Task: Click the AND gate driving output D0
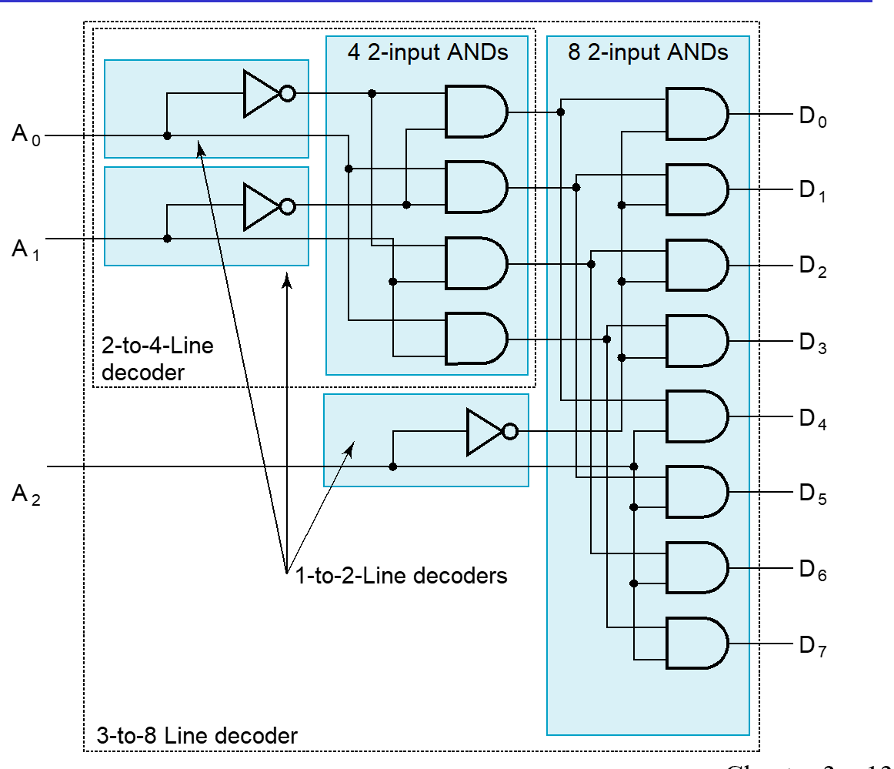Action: [696, 113]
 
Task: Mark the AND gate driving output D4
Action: [696, 416]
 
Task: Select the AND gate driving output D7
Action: [696, 644]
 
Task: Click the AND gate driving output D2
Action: [696, 265]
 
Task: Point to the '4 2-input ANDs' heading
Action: [427, 53]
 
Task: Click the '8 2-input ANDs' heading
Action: [648, 53]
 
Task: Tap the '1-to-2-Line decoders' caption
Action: [401, 575]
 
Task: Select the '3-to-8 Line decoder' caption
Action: [196, 734]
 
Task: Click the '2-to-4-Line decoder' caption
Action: [157, 358]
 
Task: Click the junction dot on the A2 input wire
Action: [392, 466]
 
